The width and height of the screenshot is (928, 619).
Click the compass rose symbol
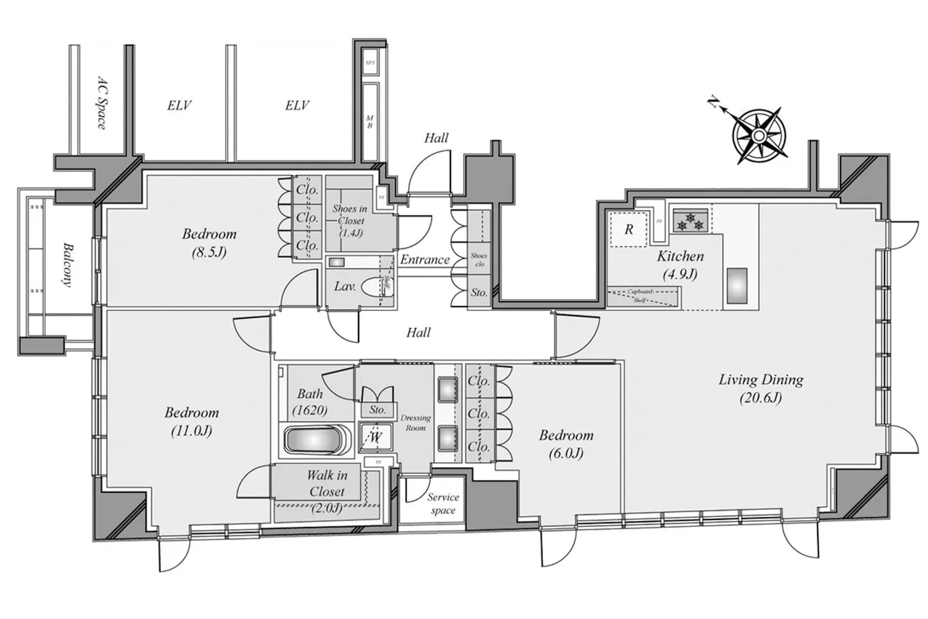point(759,135)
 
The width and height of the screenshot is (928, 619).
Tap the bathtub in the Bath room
point(313,439)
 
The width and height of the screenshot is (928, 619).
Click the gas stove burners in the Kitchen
point(690,221)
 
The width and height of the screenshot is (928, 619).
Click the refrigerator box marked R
point(628,229)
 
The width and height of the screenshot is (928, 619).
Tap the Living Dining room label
point(761,388)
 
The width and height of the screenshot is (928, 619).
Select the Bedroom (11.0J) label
point(192,421)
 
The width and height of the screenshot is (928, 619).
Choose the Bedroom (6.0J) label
point(566,444)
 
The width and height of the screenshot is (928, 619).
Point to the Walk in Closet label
point(327,484)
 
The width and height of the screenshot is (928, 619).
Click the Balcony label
point(68,265)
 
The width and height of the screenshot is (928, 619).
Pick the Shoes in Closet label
point(349,221)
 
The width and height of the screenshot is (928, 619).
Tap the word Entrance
point(424,260)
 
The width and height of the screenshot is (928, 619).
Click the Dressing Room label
point(415,423)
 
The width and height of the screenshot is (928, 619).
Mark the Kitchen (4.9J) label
point(680,265)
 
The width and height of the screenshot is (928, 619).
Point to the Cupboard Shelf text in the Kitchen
point(640,296)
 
